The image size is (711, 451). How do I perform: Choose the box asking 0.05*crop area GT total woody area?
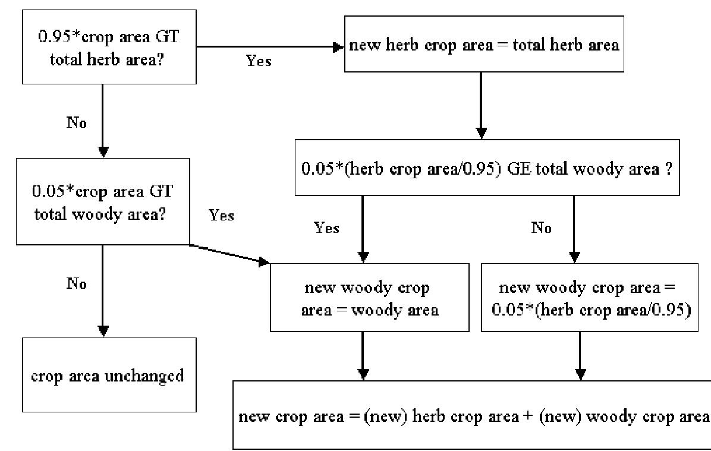(102, 201)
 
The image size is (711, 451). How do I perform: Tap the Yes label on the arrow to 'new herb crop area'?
(259, 61)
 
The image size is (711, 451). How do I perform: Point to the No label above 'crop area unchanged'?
(76, 283)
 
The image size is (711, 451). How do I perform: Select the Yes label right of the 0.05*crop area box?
(221, 215)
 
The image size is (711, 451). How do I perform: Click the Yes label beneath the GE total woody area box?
(327, 228)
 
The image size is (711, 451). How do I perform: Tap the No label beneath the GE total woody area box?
(541, 228)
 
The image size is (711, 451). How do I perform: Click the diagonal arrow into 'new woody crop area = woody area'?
(229, 254)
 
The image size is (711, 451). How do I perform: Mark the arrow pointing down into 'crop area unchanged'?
(103, 291)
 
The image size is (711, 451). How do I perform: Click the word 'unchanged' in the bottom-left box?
(149, 376)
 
